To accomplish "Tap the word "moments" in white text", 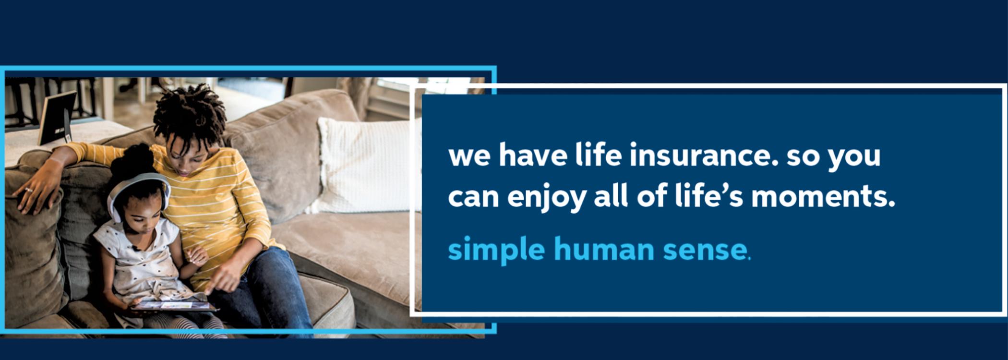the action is pyautogui.click(x=819, y=197).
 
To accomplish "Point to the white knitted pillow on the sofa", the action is pyautogui.click(x=366, y=165).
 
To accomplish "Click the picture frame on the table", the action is pyautogui.click(x=57, y=117).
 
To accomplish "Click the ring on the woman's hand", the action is pyautogui.click(x=28, y=190).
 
